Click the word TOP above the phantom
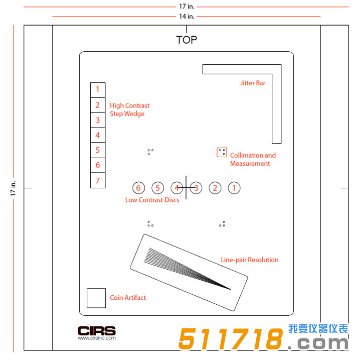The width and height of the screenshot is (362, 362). click(187, 40)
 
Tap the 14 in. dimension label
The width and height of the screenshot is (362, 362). click(187, 16)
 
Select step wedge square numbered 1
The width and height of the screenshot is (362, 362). click(98, 90)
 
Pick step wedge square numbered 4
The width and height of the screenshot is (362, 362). click(98, 135)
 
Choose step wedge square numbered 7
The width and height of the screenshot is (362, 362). click(98, 180)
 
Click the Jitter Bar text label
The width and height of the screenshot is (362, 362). click(253, 83)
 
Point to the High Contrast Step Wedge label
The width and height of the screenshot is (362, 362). click(129, 109)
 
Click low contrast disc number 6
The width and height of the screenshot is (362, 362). click(139, 188)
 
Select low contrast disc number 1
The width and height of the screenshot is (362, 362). click(234, 188)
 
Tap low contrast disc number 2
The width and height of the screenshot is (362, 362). click(215, 188)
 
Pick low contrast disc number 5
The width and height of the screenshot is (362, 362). click(157, 188)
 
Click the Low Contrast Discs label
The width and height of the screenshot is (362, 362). click(152, 200)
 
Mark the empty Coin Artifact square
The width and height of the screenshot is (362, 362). click(96, 298)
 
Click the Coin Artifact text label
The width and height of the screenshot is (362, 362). click(128, 298)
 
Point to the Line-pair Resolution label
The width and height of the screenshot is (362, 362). click(250, 260)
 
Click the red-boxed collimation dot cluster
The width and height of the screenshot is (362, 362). click(222, 153)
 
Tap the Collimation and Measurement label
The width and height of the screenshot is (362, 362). click(253, 159)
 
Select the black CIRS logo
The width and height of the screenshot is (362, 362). click(96, 331)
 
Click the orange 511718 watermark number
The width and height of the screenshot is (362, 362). click(231, 338)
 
